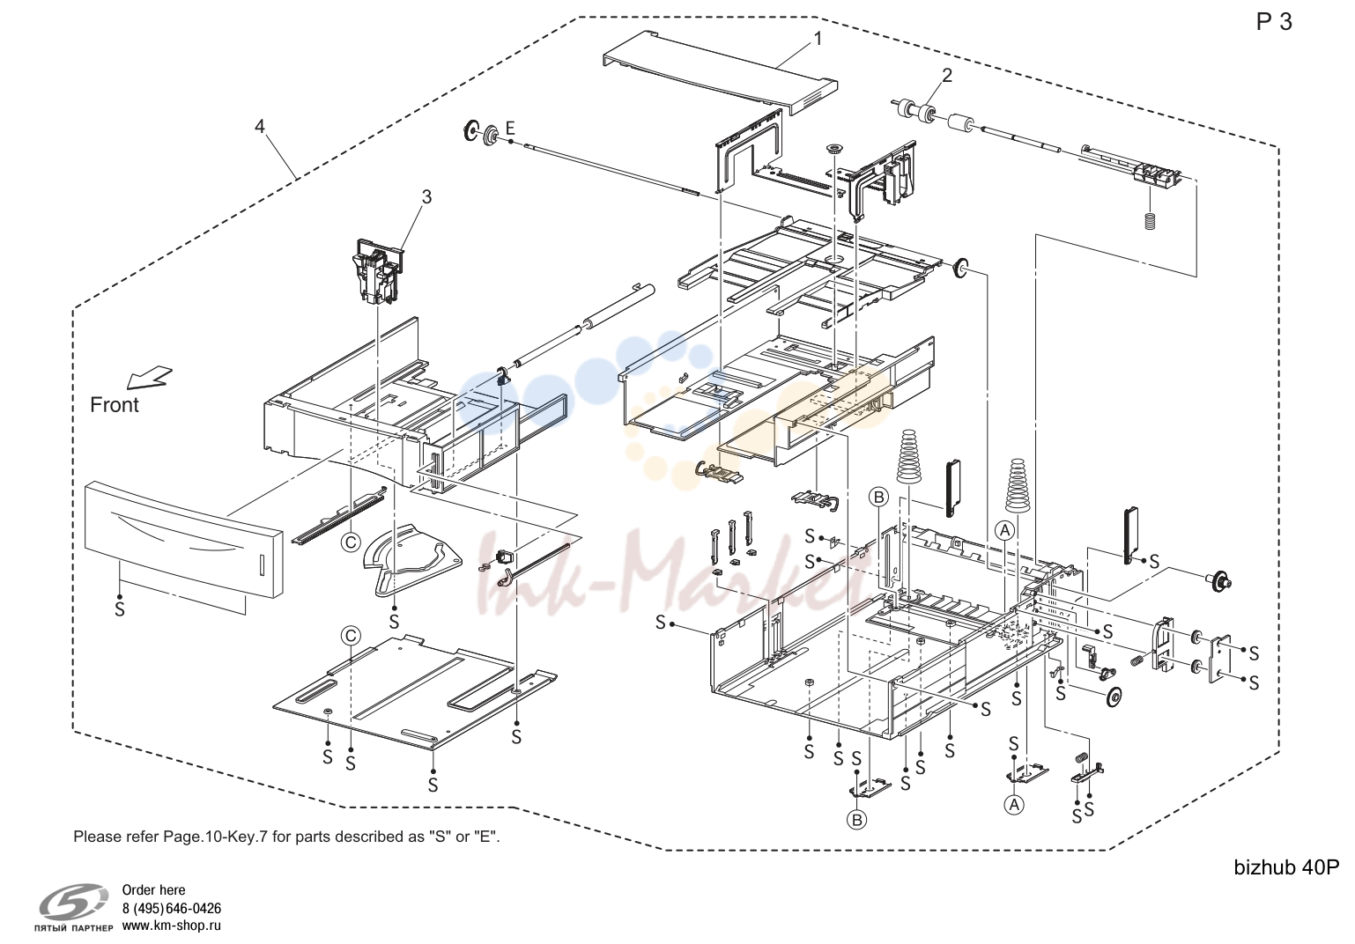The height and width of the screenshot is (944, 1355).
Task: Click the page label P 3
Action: pyautogui.click(x=1275, y=22)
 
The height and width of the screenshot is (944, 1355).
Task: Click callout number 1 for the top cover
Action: pyautogui.click(x=818, y=40)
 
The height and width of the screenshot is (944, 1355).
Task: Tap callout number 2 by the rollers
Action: pyautogui.click(x=947, y=75)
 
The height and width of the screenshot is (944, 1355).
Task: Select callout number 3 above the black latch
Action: pyautogui.click(x=427, y=197)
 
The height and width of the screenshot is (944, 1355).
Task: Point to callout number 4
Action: pyautogui.click(x=260, y=127)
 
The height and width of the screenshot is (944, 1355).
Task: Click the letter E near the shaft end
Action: pyautogui.click(x=510, y=129)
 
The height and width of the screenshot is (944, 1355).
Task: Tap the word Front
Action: pyautogui.click(x=115, y=404)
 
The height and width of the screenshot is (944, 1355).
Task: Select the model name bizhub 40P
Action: pyautogui.click(x=1286, y=867)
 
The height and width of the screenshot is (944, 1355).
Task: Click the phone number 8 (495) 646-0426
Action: pyautogui.click(x=172, y=908)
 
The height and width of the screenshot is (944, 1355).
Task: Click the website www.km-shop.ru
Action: pyautogui.click(x=172, y=926)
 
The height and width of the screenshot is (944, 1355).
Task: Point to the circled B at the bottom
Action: pyautogui.click(x=857, y=820)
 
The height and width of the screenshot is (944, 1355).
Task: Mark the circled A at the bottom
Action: pyautogui.click(x=1014, y=805)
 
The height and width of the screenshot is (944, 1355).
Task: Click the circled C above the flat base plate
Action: pyautogui.click(x=351, y=636)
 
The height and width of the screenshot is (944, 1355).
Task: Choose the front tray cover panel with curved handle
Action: pyautogui.click(x=184, y=540)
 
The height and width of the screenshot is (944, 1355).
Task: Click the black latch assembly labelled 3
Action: pyautogui.click(x=377, y=271)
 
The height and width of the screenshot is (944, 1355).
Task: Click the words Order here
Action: pyautogui.click(x=153, y=890)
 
